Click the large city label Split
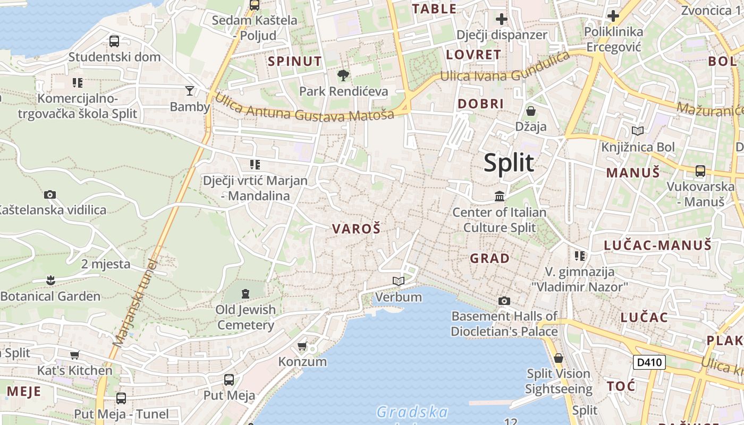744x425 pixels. click(x=509, y=163)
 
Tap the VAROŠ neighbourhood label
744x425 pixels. click(x=357, y=229)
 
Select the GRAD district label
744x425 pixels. click(x=489, y=259)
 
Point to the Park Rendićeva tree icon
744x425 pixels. click(x=343, y=75)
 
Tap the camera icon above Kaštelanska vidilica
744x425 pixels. click(x=50, y=194)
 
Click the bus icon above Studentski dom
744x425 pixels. click(x=114, y=41)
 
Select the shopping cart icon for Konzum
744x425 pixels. click(x=302, y=346)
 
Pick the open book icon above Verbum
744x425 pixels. click(x=399, y=281)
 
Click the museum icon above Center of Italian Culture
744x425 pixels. click(x=500, y=197)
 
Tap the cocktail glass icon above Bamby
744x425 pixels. click(x=190, y=91)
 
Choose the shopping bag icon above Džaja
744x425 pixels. click(x=530, y=111)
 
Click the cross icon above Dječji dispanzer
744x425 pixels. click(x=501, y=20)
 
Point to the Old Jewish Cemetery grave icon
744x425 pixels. click(x=246, y=293)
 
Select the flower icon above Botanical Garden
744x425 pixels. click(x=50, y=279)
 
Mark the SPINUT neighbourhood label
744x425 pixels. click(x=295, y=61)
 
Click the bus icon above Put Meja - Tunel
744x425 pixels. click(x=121, y=398)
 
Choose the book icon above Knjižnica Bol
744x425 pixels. click(x=637, y=131)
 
